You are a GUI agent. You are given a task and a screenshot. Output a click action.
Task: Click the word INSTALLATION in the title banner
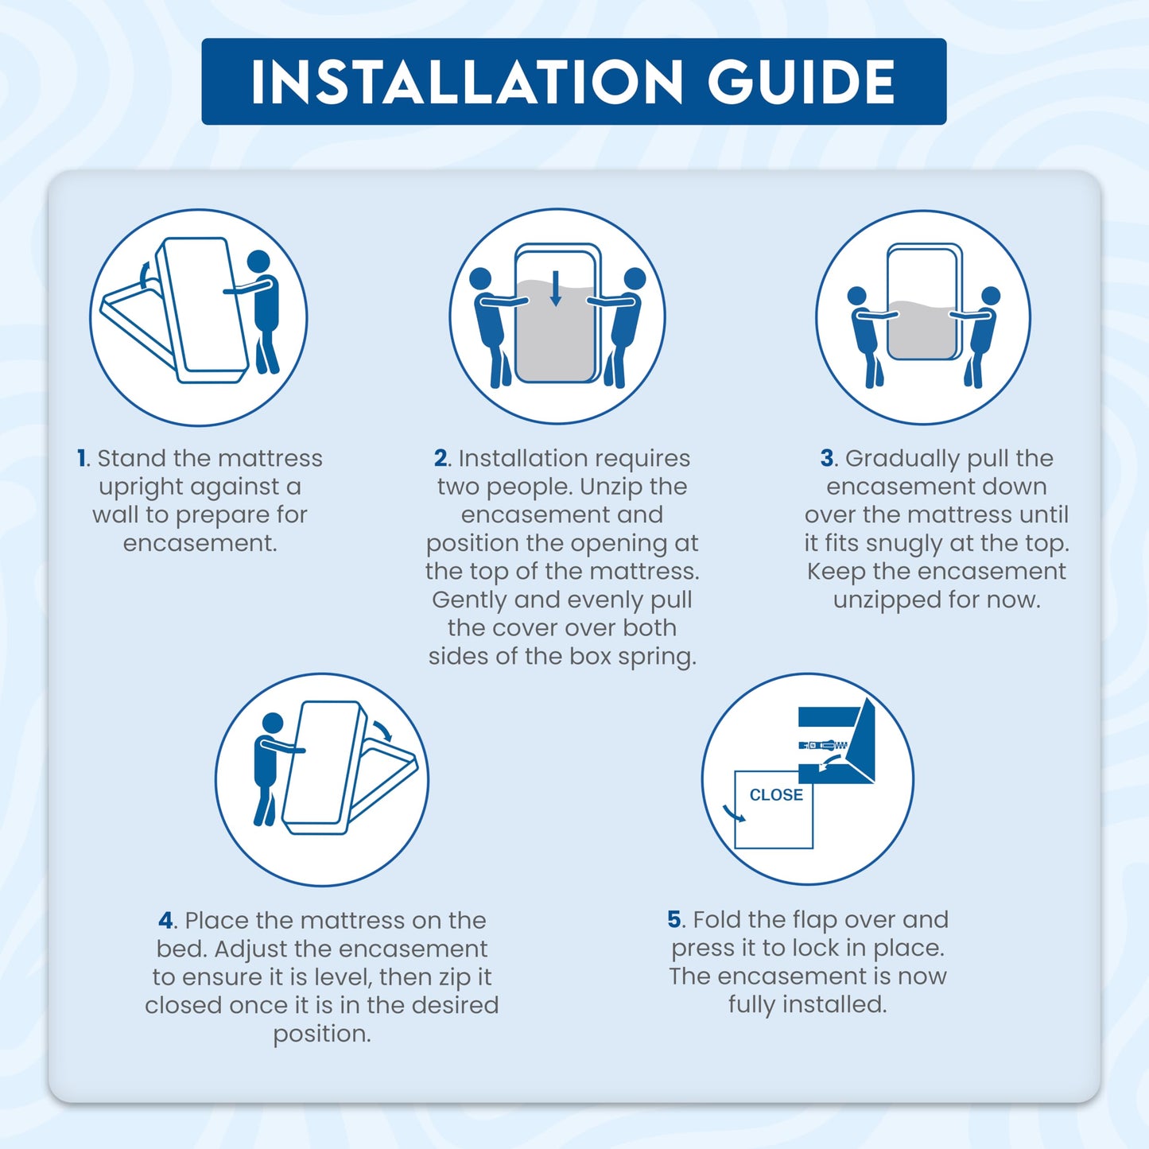click(x=466, y=82)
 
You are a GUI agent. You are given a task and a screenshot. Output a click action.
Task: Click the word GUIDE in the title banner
click(x=802, y=82)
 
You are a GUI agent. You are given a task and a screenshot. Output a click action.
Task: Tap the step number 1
click(x=82, y=459)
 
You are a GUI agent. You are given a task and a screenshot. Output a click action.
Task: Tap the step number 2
click(x=441, y=459)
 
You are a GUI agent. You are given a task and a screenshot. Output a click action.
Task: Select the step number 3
click(x=827, y=459)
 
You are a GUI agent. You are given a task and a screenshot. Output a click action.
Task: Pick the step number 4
click(x=165, y=921)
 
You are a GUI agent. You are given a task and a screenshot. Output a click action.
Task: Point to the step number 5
click(x=674, y=919)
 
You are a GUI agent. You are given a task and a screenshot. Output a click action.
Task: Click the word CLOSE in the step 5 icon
click(x=776, y=795)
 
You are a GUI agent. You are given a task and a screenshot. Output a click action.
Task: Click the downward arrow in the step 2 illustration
click(x=555, y=289)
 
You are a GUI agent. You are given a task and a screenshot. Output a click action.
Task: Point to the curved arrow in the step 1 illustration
click(x=143, y=275)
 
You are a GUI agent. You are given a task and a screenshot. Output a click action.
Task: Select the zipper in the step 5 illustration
click(x=823, y=745)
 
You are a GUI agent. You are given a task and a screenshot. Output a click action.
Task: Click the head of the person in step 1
click(x=258, y=262)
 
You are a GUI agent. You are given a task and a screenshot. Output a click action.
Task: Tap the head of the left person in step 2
click(x=480, y=278)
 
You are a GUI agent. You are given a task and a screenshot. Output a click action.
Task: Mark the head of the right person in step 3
click(x=991, y=297)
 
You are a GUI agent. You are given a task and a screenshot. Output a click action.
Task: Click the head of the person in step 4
click(x=273, y=723)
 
